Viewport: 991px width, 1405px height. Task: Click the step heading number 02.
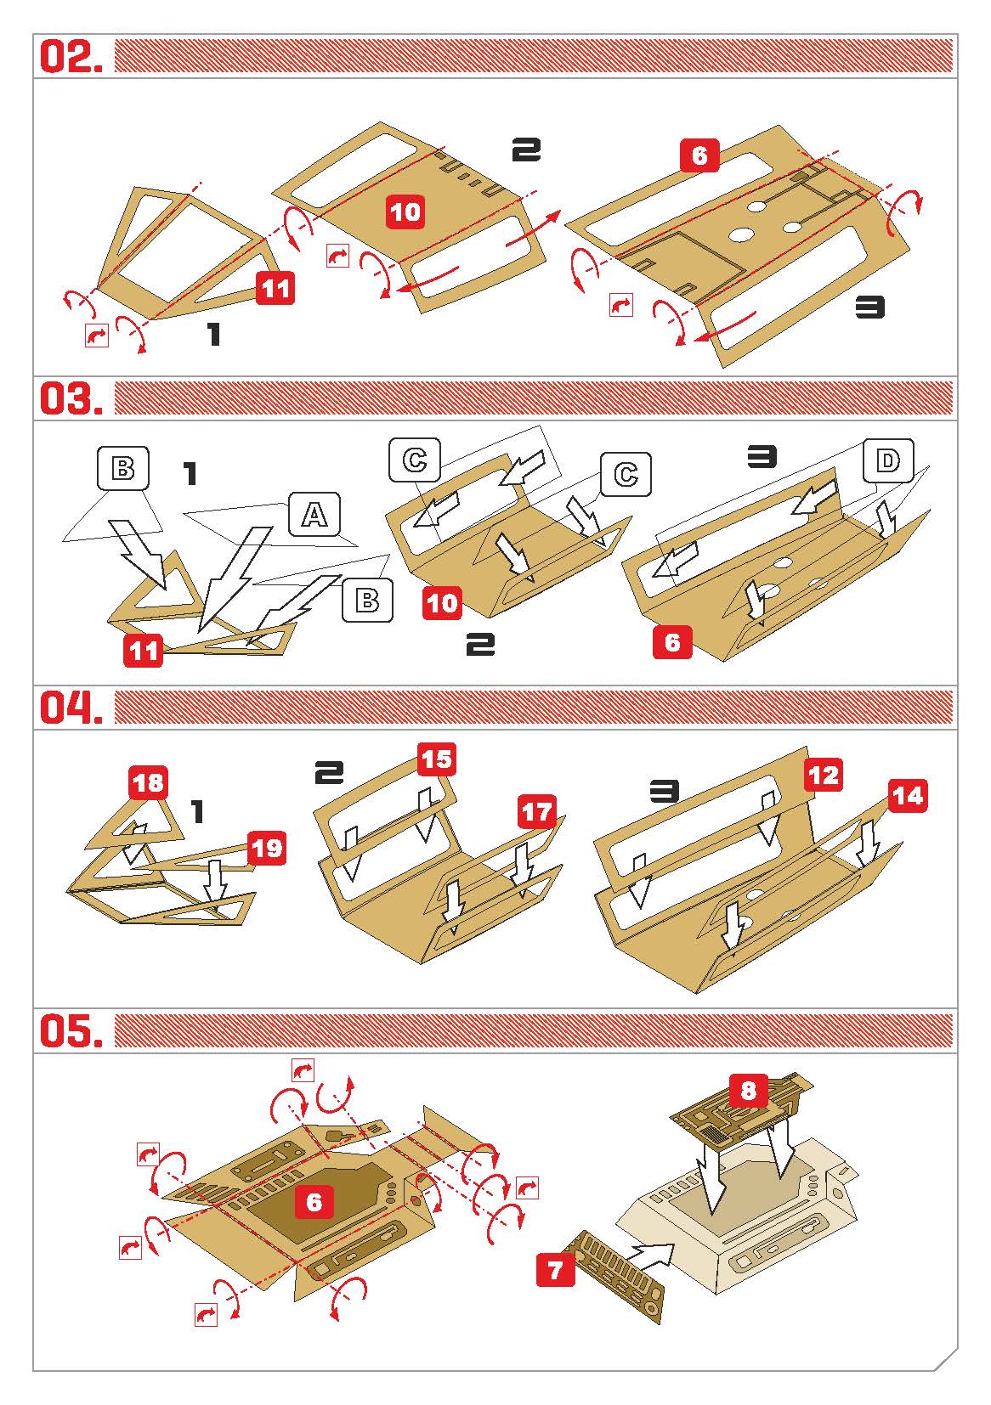click(x=71, y=56)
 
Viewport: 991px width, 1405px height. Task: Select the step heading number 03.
click(x=71, y=398)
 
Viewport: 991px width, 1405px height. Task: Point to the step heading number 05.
click(x=71, y=1031)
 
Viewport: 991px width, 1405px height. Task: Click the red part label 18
click(x=149, y=782)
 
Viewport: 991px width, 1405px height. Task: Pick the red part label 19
click(x=267, y=848)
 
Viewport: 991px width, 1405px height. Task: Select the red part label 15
click(x=437, y=759)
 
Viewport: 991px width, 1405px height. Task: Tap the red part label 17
click(x=537, y=811)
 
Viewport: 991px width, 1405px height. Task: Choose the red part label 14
click(x=908, y=795)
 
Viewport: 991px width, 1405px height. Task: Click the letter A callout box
click(x=314, y=515)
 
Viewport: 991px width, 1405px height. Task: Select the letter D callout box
click(x=887, y=460)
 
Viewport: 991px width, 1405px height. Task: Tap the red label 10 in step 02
click(x=405, y=212)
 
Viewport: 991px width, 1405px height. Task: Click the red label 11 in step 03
click(x=143, y=650)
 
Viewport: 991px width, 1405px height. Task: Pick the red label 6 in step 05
click(x=314, y=1202)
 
